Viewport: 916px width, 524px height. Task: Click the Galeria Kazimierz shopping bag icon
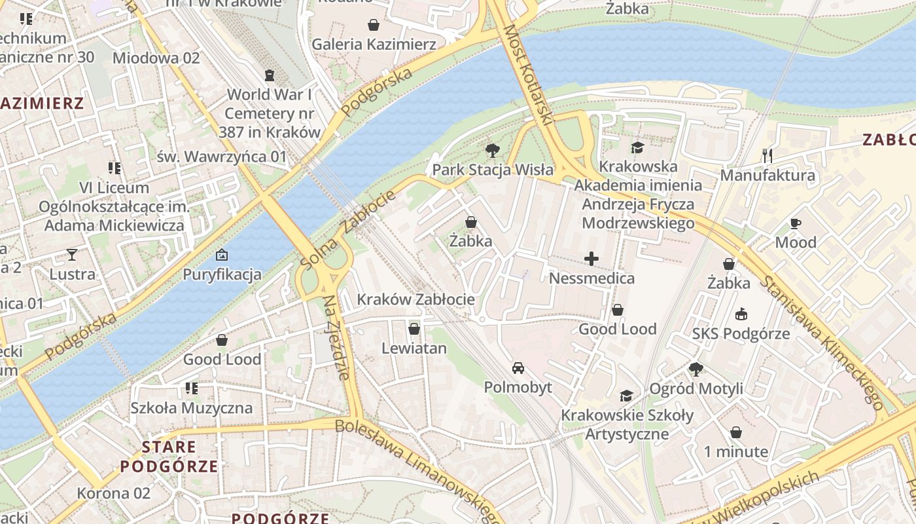point(374,25)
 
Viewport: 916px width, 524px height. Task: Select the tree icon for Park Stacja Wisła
point(492,151)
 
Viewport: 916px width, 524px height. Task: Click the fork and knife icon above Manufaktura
point(767,156)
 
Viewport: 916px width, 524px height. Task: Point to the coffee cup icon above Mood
point(796,223)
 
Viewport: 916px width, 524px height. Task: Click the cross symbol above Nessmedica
point(591,259)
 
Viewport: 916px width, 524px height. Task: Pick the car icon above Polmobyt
point(518,368)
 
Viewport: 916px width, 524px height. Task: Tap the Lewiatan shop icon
point(414,329)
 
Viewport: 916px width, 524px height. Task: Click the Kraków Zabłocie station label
point(415,300)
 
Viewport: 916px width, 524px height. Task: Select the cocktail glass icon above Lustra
point(72,255)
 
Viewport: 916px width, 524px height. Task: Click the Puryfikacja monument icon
point(222,255)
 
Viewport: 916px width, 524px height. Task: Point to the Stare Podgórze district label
point(169,457)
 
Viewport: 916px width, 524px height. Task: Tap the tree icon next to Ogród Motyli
point(696,369)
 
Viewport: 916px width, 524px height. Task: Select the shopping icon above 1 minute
point(736,432)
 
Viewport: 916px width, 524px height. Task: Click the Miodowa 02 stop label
point(156,58)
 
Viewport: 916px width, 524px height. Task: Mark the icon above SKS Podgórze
point(741,314)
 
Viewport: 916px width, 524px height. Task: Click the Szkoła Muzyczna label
point(191,408)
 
